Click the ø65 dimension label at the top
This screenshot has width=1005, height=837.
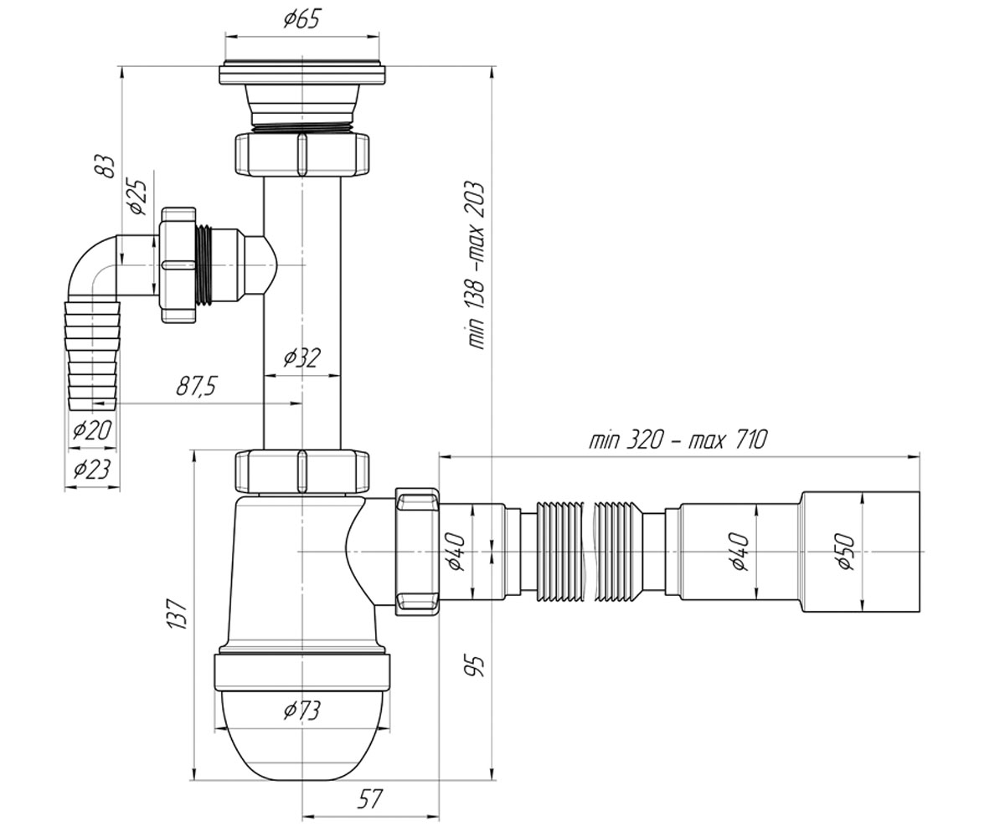[301, 19]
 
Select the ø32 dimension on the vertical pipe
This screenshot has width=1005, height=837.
[301, 357]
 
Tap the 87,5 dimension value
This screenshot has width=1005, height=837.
[197, 386]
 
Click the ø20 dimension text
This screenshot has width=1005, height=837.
[92, 429]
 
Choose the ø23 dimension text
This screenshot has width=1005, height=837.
[92, 469]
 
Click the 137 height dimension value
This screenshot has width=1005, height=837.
[177, 614]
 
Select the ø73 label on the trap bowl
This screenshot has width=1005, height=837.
[301, 711]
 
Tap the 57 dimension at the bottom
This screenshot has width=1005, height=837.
[369, 799]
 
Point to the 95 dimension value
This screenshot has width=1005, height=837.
[475, 666]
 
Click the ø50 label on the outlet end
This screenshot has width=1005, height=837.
[846, 552]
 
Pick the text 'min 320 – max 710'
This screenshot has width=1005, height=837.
[678, 439]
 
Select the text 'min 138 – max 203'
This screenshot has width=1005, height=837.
[475, 265]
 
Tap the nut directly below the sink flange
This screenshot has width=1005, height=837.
[301, 155]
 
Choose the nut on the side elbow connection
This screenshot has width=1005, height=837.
[178, 265]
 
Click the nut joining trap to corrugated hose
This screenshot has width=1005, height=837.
[417, 552]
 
